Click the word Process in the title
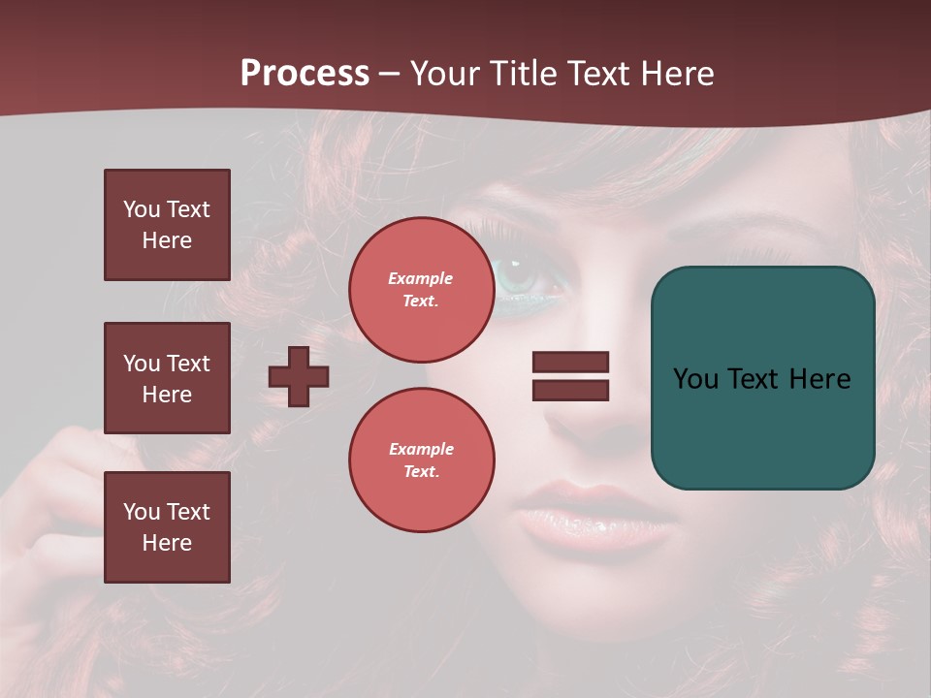[x=305, y=74]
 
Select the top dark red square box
[x=167, y=225]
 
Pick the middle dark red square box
[x=167, y=378]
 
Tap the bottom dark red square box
[x=167, y=527]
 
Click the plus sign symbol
[x=299, y=376]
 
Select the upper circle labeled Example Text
[x=421, y=290]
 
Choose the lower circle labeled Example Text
[x=421, y=460]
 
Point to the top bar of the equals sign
[x=570, y=362]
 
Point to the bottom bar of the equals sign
[x=570, y=390]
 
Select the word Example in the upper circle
[x=421, y=278]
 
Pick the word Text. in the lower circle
[x=421, y=471]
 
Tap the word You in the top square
[x=142, y=209]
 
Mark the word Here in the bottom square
[x=167, y=543]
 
